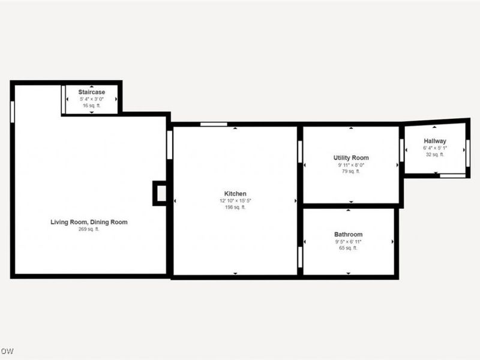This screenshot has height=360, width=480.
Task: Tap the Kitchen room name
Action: [235, 193]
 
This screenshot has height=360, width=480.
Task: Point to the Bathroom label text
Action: [348, 234]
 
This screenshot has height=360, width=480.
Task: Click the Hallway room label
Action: [434, 141]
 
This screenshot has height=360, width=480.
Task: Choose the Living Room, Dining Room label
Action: [89, 222]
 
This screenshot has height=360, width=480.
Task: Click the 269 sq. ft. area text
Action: [89, 229]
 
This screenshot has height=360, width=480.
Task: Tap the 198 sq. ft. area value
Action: [235, 208]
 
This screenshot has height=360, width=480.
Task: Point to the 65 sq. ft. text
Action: [348, 248]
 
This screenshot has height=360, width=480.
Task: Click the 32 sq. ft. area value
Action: [434, 155]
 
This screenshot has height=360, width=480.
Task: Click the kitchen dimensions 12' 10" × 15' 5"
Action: [235, 200]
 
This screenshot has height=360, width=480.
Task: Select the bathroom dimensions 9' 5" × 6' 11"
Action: [348, 241]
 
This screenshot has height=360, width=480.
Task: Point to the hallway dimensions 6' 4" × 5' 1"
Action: [434, 148]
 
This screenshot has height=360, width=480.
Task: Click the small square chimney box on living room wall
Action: [160, 193]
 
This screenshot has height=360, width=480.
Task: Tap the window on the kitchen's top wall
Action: [214, 124]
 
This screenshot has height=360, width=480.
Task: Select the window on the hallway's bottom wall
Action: [452, 175]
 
